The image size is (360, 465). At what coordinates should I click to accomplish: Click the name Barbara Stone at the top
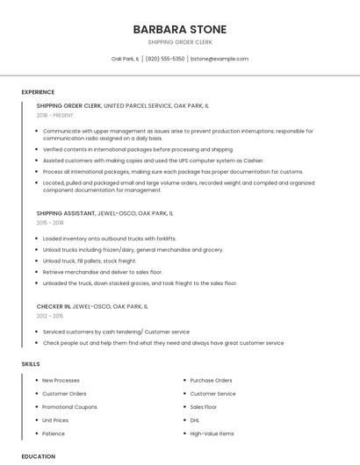[179, 29]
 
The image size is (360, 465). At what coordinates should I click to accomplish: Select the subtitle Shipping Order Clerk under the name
[179, 42]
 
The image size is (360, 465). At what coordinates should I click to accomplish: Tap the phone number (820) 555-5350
[165, 59]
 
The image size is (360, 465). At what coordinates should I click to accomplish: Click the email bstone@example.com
[220, 59]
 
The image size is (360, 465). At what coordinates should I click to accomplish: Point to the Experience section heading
[38, 92]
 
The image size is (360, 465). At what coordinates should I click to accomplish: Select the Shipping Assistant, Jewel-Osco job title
[104, 213]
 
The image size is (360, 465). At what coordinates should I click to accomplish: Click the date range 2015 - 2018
[50, 223]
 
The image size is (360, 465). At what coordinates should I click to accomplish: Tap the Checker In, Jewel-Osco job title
[92, 307]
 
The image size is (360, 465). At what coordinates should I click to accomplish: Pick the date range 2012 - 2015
[50, 316]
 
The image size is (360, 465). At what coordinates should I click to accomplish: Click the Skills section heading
[31, 363]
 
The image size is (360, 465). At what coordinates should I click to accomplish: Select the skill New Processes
[61, 380]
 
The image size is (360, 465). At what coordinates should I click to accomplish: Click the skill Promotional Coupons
[69, 407]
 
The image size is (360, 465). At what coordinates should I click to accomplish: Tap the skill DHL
[196, 420]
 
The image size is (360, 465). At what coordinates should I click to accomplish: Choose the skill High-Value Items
[212, 433]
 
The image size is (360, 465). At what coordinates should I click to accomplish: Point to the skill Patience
[54, 433]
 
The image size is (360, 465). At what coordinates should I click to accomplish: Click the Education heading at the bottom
[39, 456]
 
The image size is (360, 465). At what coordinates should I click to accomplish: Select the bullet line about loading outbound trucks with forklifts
[110, 239]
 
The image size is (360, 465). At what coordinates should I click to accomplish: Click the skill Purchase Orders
[211, 380]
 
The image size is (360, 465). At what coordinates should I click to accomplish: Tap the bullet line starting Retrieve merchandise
[103, 273]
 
